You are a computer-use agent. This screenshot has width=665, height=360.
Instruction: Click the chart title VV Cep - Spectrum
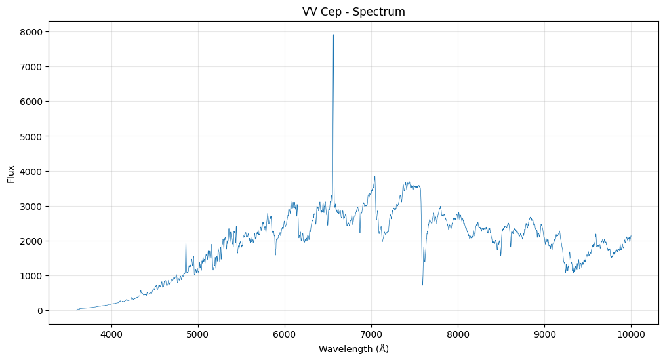(x=353, y=12)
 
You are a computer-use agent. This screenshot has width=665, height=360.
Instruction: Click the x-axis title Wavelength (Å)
(x=353, y=349)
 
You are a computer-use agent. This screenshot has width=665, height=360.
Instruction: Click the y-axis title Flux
(x=11, y=174)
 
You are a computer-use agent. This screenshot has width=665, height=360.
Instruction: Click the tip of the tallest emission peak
(x=333, y=35)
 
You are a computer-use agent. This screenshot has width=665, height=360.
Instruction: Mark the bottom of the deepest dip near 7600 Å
(x=422, y=285)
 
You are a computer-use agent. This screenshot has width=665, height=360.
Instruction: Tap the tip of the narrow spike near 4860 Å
(x=186, y=241)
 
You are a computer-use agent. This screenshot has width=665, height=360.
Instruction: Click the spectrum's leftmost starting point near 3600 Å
(x=77, y=310)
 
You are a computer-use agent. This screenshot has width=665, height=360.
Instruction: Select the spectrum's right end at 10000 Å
(x=631, y=236)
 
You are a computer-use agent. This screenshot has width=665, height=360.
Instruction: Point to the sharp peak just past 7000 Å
(x=374, y=176)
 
